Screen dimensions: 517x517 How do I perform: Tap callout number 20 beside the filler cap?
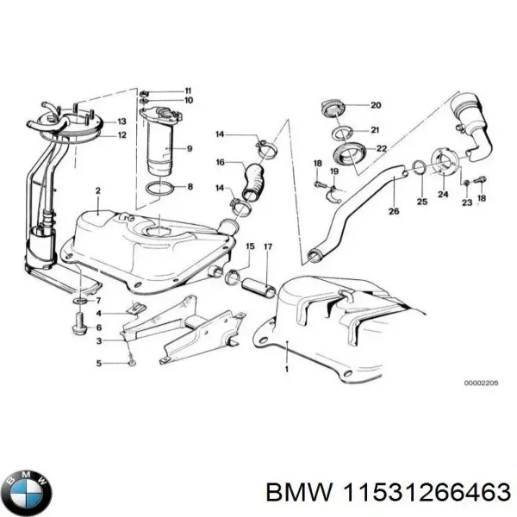(x=375, y=106)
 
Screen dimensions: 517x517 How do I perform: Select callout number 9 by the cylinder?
(x=190, y=149)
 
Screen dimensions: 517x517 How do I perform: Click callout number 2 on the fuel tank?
(x=98, y=190)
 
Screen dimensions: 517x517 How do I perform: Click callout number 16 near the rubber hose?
(x=221, y=162)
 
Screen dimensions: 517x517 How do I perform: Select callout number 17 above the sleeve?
(x=268, y=248)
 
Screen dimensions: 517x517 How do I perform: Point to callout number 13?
(x=121, y=121)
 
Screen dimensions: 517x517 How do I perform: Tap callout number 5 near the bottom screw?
(x=98, y=363)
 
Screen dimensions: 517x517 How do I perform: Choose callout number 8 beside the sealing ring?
(x=190, y=186)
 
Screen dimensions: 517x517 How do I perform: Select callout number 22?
(x=380, y=149)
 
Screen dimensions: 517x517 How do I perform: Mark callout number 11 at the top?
(x=188, y=90)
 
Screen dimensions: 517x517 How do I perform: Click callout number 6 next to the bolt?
(x=98, y=327)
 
